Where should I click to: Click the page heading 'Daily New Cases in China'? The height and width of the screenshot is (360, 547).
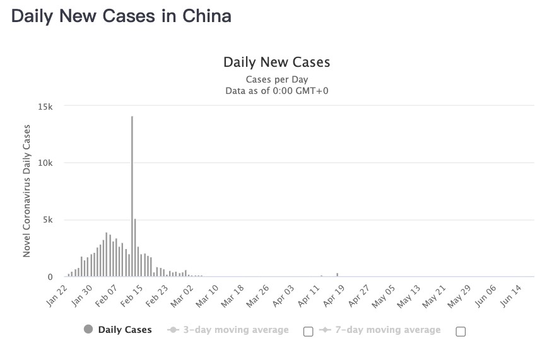click(121, 16)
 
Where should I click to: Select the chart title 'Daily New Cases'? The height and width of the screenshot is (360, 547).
click(276, 62)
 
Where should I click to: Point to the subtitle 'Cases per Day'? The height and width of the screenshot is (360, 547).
click(276, 79)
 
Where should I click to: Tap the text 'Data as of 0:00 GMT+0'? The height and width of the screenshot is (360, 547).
click(276, 91)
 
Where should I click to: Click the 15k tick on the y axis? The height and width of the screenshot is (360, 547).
click(45, 107)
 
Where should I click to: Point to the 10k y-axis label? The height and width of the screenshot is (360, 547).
click(45, 163)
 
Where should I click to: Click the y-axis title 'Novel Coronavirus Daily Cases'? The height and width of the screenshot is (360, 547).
click(26, 191)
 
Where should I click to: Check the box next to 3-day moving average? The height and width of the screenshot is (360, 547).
click(309, 332)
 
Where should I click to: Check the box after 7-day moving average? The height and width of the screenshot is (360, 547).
click(461, 332)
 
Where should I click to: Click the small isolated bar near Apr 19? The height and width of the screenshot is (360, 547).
click(338, 274)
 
